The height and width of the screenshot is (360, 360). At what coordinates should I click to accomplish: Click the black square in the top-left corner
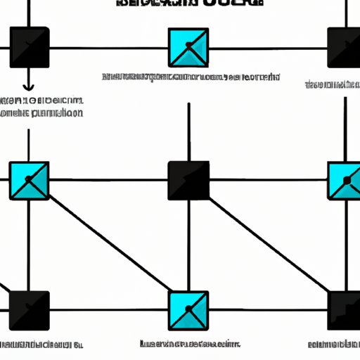point(29,47)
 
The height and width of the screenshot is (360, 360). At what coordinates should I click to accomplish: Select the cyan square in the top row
point(188,47)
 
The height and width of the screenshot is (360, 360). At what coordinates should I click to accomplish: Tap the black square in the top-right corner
point(345,47)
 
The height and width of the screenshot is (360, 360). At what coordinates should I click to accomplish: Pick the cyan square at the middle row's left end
point(29,181)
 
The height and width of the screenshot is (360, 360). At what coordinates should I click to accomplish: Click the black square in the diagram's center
point(188,181)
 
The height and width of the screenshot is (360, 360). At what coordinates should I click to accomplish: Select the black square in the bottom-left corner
point(29,310)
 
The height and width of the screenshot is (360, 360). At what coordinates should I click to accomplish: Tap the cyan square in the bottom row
point(188,310)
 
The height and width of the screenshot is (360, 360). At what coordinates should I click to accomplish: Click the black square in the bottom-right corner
point(345,310)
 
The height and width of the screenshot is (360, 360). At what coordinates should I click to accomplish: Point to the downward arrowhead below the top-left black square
point(29,87)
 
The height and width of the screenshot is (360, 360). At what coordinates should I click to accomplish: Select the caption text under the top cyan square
point(191,76)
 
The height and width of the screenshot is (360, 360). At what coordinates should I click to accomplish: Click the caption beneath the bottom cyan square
point(188,345)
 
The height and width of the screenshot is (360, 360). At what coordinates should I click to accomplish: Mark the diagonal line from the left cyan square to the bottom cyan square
point(109,246)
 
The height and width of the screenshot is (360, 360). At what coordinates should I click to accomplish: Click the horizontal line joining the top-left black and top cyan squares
point(109,48)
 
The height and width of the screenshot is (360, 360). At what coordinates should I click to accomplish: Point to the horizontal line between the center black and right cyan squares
point(267,181)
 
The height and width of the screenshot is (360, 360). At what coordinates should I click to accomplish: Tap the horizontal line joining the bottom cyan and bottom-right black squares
point(267,310)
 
